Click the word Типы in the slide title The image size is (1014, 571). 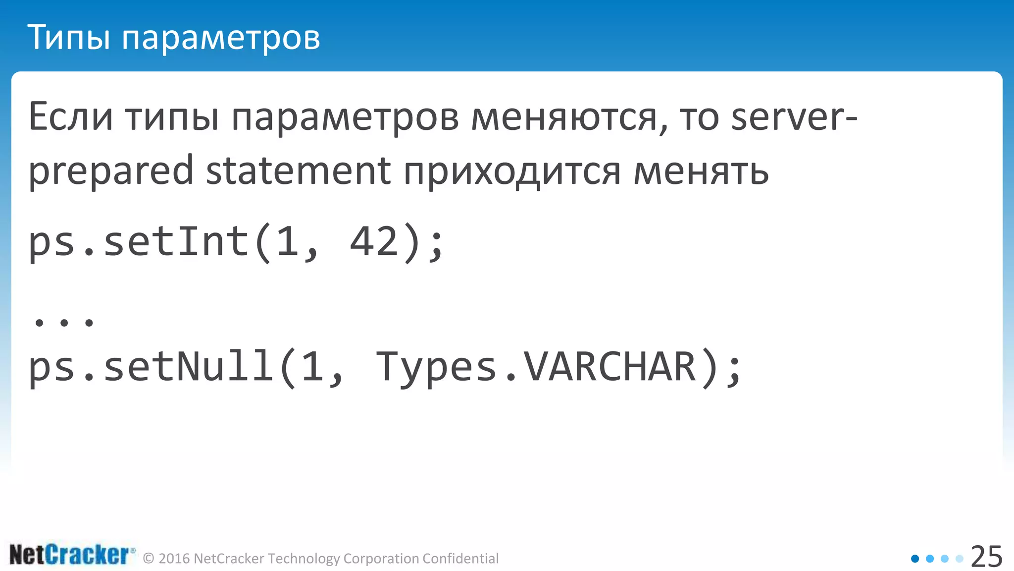coord(68,37)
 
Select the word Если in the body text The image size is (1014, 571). coord(71,117)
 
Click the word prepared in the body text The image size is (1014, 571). coord(110,171)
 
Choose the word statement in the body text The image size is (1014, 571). coord(298,171)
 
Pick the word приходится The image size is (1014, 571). coord(512,171)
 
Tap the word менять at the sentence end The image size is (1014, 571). coord(701,171)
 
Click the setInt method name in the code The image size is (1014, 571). coord(176,242)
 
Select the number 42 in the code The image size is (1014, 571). coord(374,242)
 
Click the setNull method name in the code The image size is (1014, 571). coord(188,367)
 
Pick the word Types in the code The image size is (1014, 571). coord(436,367)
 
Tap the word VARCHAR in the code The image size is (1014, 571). coord(610,367)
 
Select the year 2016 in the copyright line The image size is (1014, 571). coord(174,559)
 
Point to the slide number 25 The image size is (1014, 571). coord(986,557)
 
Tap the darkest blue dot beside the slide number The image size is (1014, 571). coord(915,559)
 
